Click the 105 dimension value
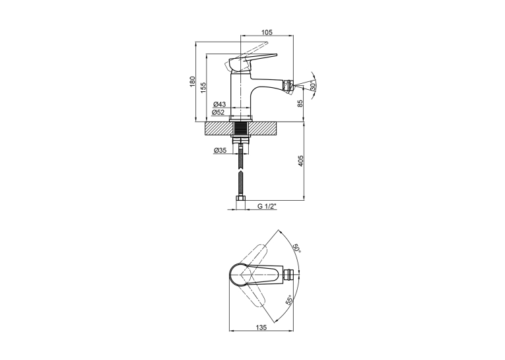coord(267,32)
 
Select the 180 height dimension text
coord(193,81)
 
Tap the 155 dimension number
coord(203,88)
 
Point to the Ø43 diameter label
coord(220,104)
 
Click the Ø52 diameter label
coord(218,112)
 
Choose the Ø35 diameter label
coord(220,150)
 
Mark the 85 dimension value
coord(300,104)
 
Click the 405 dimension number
coord(301,161)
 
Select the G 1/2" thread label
coord(267,206)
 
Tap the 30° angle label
coord(312,86)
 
